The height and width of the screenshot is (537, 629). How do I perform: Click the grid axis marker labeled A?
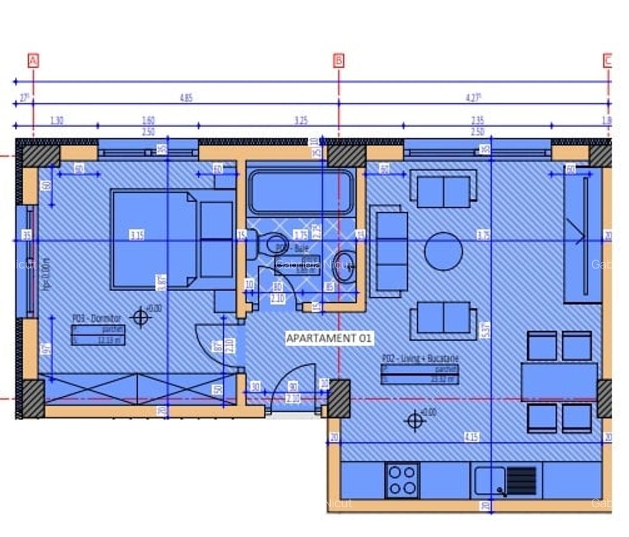33,60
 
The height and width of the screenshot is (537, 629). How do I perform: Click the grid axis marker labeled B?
339,60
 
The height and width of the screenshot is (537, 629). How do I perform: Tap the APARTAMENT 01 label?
329,338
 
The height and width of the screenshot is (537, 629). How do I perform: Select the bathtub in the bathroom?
301,192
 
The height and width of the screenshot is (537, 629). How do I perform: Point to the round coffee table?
443,251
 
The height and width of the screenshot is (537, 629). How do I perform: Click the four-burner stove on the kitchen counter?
402,480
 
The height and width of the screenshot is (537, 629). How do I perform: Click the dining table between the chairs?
559,382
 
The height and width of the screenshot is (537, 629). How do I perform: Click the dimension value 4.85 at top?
186,98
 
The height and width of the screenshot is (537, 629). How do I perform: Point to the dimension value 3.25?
301,121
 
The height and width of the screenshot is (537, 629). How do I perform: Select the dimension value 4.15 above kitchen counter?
472,437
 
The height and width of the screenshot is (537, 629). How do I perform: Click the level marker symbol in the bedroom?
140,317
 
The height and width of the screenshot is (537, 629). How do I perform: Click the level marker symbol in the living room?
414,421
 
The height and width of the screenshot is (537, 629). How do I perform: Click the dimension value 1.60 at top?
148,121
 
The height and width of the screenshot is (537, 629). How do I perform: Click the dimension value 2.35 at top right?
477,121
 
